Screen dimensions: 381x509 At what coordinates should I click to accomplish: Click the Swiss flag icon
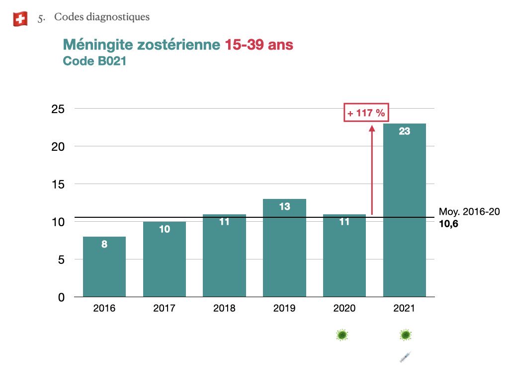pos(20,19)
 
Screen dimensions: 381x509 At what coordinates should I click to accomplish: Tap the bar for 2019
pos(284,248)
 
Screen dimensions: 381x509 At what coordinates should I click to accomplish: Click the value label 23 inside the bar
pos(405,132)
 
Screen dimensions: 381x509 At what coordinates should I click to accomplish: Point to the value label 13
pos(284,206)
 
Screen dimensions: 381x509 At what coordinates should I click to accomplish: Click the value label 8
pos(104,244)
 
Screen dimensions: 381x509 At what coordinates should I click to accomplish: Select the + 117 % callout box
pos(366,113)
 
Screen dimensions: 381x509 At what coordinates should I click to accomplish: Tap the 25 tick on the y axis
pos(58,109)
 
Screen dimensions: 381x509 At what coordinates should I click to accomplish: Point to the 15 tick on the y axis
pos(58,184)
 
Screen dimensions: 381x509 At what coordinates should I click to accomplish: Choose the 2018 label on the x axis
pos(224,309)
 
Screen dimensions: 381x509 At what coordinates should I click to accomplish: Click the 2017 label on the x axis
pos(164,309)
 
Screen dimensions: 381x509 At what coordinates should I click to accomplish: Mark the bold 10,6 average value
pos(448,224)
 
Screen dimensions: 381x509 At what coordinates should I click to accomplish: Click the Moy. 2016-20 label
pos(469,212)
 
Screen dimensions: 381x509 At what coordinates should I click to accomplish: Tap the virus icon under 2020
pos(342,335)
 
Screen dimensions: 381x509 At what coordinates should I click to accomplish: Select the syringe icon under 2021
pos(406,357)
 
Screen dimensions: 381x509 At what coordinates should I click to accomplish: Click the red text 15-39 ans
pos(258,45)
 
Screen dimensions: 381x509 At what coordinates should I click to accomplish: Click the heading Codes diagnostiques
pos(101,17)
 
